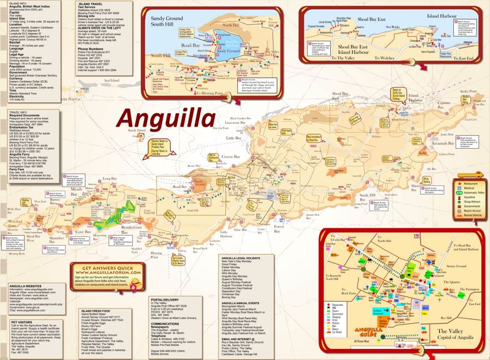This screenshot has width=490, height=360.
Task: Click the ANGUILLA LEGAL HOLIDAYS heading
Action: (245, 258)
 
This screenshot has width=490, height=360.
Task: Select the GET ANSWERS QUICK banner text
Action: (113, 252)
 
